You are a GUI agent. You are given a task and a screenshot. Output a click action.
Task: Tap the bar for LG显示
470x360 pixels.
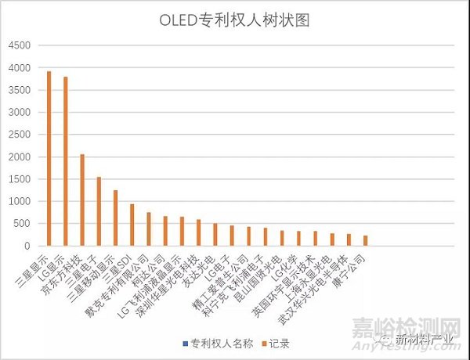tap(66, 161)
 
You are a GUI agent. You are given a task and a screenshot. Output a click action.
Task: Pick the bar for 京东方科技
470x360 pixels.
tap(82, 200)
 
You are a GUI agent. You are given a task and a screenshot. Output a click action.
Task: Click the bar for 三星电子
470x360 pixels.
tap(99, 211)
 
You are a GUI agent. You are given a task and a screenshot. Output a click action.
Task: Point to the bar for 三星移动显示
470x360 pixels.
tap(115, 218)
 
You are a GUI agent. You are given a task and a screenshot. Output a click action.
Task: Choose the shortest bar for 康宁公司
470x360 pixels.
tap(365, 241)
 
